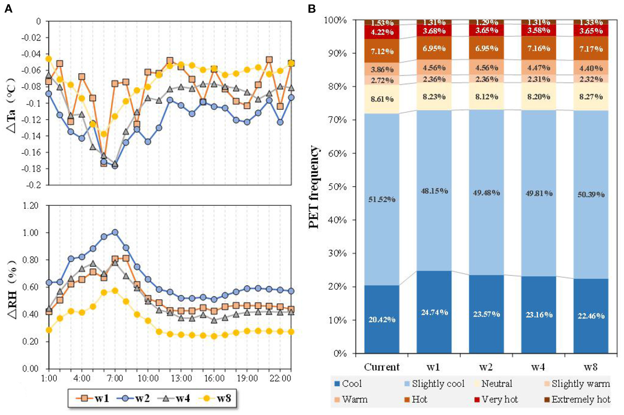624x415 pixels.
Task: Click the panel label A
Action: pyautogui.click(x=8, y=9)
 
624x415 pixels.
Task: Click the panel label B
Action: pyautogui.click(x=312, y=9)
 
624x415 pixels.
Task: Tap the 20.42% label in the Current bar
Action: pyautogui.click(x=382, y=320)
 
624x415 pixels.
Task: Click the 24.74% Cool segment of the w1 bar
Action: pyautogui.click(x=434, y=312)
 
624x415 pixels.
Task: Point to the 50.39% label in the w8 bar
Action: pyautogui.click(x=591, y=194)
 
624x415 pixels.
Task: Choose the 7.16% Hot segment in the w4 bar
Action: pyautogui.click(x=539, y=48)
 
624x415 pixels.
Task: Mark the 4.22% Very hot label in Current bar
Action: pyautogui.click(x=382, y=32)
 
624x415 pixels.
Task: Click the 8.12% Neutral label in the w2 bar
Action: pyautogui.click(x=486, y=96)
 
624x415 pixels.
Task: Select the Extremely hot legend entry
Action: pyautogui.click(x=577, y=400)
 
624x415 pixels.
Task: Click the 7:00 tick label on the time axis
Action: pyautogui.click(x=115, y=378)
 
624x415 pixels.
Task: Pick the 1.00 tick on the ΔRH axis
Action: pyautogui.click(x=31, y=233)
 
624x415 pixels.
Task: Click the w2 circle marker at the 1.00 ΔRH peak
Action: pyautogui.click(x=115, y=232)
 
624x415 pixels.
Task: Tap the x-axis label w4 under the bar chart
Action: pyautogui.click(x=538, y=367)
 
